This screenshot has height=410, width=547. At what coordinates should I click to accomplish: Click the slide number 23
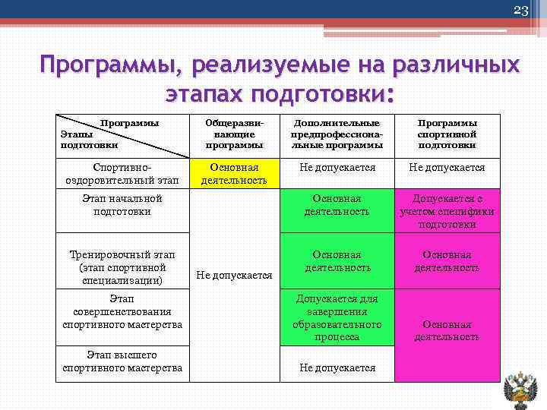point(520,11)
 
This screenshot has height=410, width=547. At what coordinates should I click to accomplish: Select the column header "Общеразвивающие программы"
point(233,134)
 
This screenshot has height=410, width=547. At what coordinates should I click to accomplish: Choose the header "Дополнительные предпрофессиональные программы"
point(337,134)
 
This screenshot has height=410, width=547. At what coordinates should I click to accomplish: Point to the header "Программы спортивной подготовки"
point(447,134)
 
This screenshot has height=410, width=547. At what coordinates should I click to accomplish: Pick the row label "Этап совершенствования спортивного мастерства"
point(122,312)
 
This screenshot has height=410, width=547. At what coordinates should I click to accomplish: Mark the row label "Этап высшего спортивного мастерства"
point(122,361)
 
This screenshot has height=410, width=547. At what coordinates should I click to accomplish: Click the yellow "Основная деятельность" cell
point(233,173)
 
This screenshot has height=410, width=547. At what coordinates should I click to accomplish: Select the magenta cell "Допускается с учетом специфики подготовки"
point(447,211)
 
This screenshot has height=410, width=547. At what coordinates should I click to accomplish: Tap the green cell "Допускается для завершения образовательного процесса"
point(337,317)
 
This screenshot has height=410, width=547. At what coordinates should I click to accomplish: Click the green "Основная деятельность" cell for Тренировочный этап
point(337,261)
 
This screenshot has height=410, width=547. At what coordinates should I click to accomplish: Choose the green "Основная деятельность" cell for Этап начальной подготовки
point(337,205)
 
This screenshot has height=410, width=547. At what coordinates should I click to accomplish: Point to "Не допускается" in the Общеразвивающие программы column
point(233,276)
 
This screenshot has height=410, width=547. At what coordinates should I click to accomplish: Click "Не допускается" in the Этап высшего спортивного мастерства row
point(337,367)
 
